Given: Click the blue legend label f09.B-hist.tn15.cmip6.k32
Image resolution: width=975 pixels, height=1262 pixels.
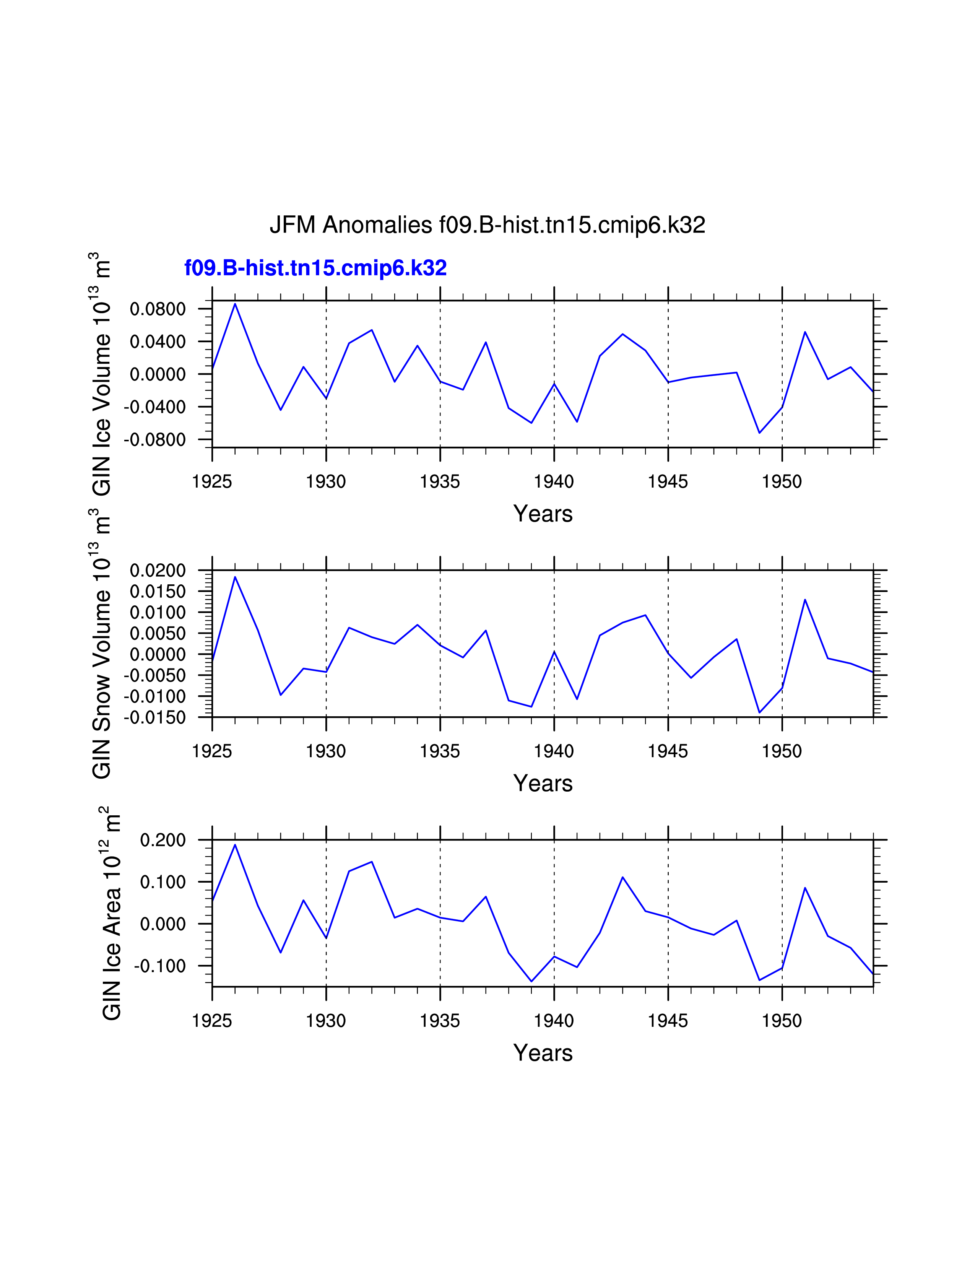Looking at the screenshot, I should click(315, 268).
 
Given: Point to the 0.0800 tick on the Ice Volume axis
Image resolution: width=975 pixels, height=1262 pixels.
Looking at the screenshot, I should click(158, 309).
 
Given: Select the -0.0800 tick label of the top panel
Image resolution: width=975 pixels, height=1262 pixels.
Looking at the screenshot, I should click(155, 440).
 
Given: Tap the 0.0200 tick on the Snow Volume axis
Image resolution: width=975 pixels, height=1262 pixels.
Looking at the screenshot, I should click(158, 571).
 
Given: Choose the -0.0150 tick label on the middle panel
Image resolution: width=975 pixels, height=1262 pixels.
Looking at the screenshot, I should click(155, 718).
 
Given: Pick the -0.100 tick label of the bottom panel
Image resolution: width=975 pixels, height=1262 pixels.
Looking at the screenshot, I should click(160, 966).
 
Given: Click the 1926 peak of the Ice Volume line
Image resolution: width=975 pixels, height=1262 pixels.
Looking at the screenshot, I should click(235, 304).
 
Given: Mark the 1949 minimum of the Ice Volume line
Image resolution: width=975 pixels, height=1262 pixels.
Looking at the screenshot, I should click(760, 433).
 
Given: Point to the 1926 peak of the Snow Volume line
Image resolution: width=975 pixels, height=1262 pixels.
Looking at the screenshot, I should click(235, 577).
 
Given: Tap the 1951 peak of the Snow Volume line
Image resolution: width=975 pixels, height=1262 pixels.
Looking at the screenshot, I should click(805, 600).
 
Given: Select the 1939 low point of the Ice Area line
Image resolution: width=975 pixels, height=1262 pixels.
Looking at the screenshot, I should click(531, 982).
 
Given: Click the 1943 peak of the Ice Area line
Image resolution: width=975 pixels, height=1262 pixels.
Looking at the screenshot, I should click(622, 877).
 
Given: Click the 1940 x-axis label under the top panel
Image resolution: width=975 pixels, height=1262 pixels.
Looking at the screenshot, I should click(554, 482).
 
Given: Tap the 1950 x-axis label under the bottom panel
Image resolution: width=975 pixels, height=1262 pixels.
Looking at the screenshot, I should click(782, 1021).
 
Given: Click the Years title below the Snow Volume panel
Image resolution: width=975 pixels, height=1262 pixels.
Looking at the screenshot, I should click(543, 784).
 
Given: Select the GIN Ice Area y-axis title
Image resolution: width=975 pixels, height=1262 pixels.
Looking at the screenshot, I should click(112, 913).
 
